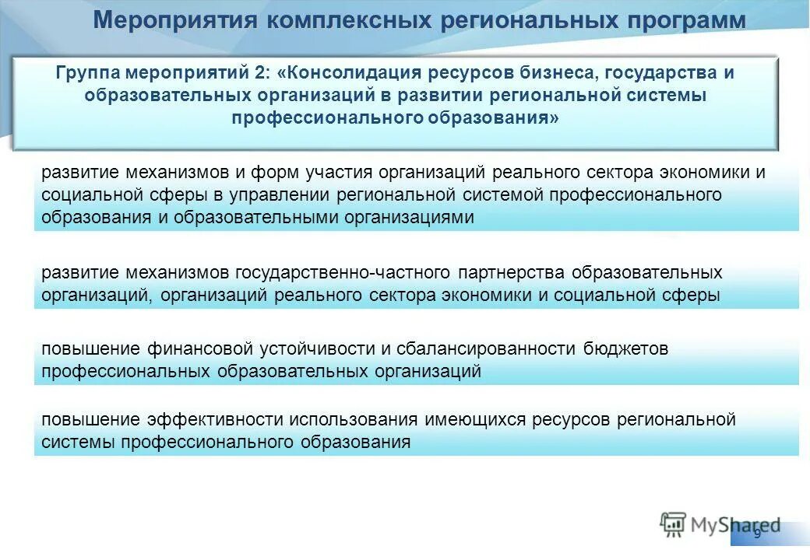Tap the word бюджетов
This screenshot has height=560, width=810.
coord(626,349)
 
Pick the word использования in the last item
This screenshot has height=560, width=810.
coord(354,420)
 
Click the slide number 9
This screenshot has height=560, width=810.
coord(757,533)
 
